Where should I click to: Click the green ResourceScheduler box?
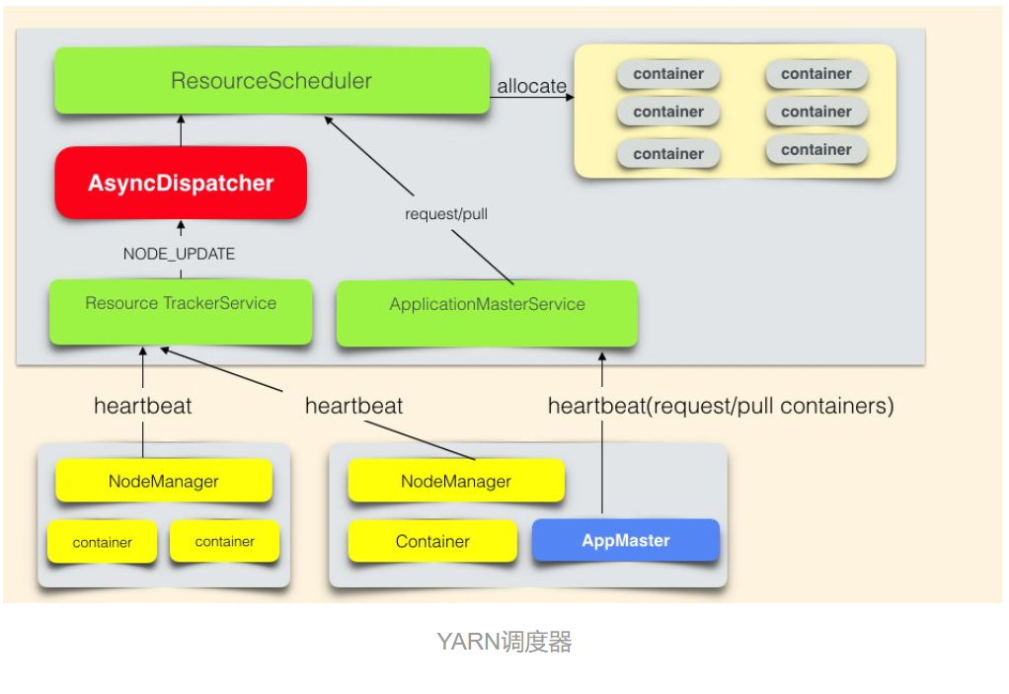coord(272,81)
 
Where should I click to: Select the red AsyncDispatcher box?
coord(181,184)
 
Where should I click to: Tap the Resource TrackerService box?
coord(181,304)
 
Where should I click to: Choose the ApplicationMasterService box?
coord(487,305)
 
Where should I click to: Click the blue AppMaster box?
coord(626,541)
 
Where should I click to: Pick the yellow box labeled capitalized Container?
coord(432,542)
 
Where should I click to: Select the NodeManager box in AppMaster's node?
coord(456,482)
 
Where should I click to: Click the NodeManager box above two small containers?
coord(164,482)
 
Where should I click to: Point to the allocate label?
coord(531,86)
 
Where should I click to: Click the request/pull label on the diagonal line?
coord(446,213)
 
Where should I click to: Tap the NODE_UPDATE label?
coord(179,254)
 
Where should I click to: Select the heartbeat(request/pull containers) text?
coord(721,406)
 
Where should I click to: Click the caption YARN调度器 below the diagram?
coord(504,643)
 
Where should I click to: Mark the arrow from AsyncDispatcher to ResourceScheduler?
coord(181,129)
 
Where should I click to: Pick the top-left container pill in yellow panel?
coord(668,74)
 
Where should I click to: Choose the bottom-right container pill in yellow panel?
coord(815,150)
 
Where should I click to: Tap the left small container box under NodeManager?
coord(102,542)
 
